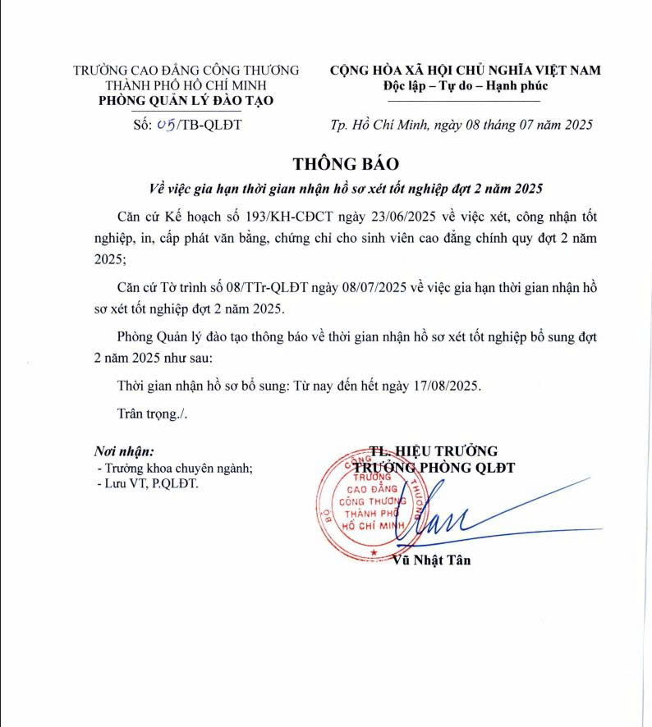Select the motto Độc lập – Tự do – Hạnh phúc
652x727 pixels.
point(465,86)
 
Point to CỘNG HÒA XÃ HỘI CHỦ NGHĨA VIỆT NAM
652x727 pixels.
point(465,71)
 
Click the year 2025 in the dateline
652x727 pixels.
point(575,125)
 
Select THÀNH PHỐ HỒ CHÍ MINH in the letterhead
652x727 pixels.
point(186,85)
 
